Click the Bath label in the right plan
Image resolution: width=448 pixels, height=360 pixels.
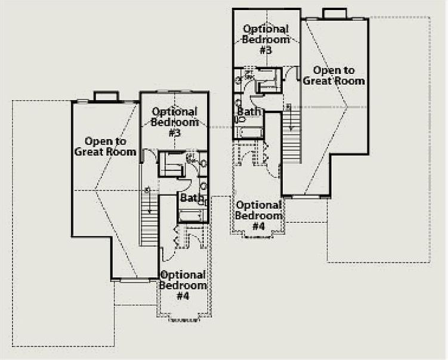point(249,111)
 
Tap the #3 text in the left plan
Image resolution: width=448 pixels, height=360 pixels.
point(175,133)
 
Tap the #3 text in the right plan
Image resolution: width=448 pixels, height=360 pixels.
point(266,50)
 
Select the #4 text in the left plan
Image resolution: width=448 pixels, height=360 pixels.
point(183,296)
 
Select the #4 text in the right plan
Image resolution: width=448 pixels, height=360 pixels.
point(258,226)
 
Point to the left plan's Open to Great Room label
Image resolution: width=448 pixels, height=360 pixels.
point(105,147)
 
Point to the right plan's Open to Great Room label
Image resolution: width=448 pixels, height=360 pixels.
point(333,76)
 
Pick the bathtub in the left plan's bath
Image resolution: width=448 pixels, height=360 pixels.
point(192,216)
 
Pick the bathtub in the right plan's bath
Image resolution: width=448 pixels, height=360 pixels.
point(251,132)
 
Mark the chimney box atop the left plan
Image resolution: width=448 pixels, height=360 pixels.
point(106,96)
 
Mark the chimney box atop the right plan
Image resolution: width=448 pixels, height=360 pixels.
point(335,13)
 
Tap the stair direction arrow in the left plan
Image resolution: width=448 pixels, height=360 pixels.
point(149,202)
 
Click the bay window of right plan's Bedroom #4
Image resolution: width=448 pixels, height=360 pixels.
point(258,235)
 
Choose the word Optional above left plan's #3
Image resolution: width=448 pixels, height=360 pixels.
point(175,112)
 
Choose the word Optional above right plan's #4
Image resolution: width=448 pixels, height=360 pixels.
point(259,205)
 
